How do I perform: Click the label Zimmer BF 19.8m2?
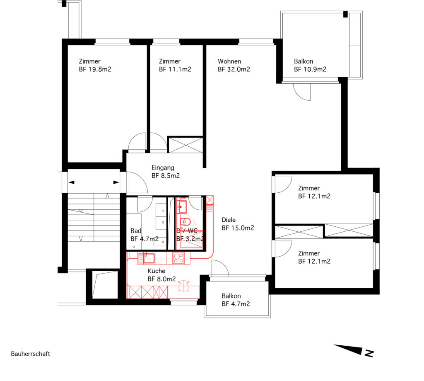click(95, 65)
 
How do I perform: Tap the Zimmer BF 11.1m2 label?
click(175, 65)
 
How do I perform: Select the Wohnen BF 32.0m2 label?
click(234, 65)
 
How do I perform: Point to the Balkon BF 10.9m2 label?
click(310, 65)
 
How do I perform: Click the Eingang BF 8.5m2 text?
click(166, 172)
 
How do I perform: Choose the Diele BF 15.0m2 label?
click(238, 224)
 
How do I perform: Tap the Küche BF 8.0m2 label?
click(162, 275)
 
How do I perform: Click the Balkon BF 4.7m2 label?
click(236, 300)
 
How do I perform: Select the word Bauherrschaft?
click(31, 354)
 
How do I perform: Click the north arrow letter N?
click(369, 353)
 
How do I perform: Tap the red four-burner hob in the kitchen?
click(178, 258)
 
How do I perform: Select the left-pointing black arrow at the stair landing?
click(71, 182)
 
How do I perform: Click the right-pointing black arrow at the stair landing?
click(116, 182)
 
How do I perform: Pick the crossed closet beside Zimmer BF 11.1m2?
click(185, 145)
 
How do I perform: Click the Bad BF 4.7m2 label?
click(145, 235)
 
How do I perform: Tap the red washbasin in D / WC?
click(182, 207)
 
